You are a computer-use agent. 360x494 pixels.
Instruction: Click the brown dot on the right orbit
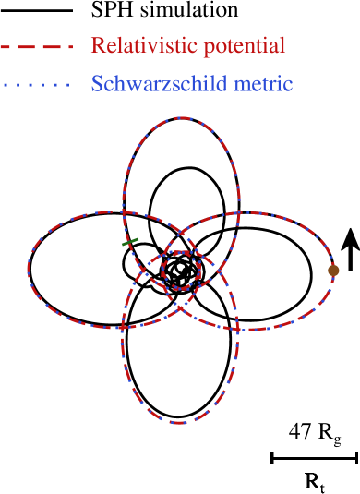[x=333, y=271]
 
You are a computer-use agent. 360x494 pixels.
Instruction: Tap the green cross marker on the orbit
[x=130, y=242]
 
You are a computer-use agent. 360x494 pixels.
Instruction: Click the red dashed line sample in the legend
[x=35, y=46]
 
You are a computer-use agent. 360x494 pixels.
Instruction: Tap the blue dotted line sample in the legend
[x=35, y=85]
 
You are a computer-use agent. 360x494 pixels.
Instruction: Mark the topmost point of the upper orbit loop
[x=183, y=118]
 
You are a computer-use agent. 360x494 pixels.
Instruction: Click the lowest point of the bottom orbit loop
[x=179, y=423]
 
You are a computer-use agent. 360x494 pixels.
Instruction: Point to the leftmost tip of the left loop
[x=29, y=269]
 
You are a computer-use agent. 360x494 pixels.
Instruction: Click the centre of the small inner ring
[x=181, y=271]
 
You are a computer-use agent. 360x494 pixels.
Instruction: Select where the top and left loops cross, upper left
[x=123, y=212]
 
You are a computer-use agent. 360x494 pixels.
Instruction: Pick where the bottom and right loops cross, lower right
[x=238, y=329]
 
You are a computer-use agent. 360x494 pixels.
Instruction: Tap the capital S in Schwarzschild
[x=97, y=84]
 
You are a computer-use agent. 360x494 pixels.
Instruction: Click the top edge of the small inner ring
[x=181, y=251]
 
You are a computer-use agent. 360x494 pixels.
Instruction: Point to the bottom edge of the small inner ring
[x=181, y=290]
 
